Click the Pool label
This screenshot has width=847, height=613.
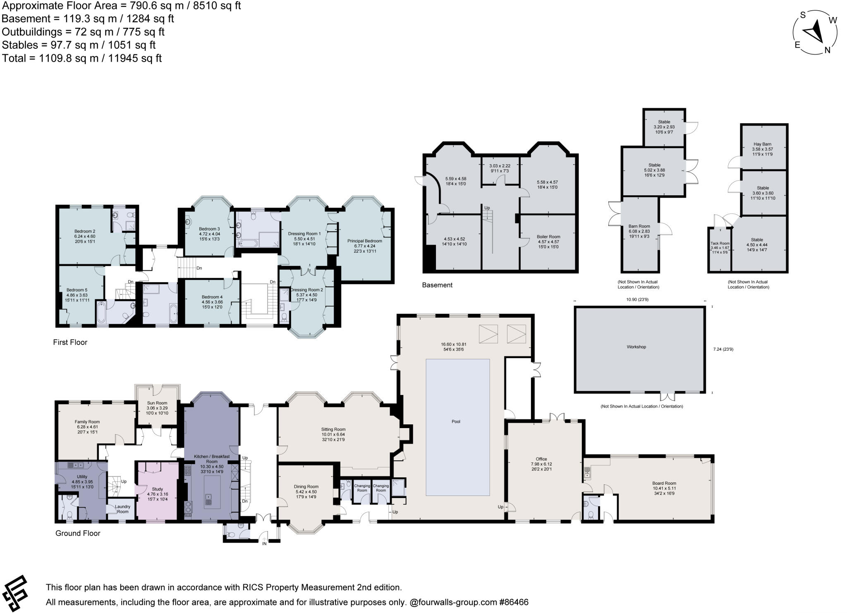pos(456,421)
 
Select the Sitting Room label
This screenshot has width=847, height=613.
pos(333,429)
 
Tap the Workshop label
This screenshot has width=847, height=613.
pos(636,347)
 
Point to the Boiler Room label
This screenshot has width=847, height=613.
pos(548,237)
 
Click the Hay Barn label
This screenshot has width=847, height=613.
pos(762,144)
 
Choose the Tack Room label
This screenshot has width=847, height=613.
pos(720,243)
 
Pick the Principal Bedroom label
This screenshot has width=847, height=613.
pos(364,241)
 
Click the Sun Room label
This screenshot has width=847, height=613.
pos(157,403)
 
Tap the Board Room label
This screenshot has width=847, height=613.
pos(664,483)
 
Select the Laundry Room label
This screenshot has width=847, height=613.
pos(122,509)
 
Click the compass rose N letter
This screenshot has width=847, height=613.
pos(828,50)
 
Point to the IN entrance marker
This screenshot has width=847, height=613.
pos(264,543)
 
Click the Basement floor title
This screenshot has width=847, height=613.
pos(437,285)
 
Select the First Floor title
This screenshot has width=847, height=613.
pos(70,342)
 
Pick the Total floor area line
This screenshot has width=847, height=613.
pos(82,58)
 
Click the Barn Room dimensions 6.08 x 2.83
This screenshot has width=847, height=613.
pos(639,231)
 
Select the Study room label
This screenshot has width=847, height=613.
pos(158,488)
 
